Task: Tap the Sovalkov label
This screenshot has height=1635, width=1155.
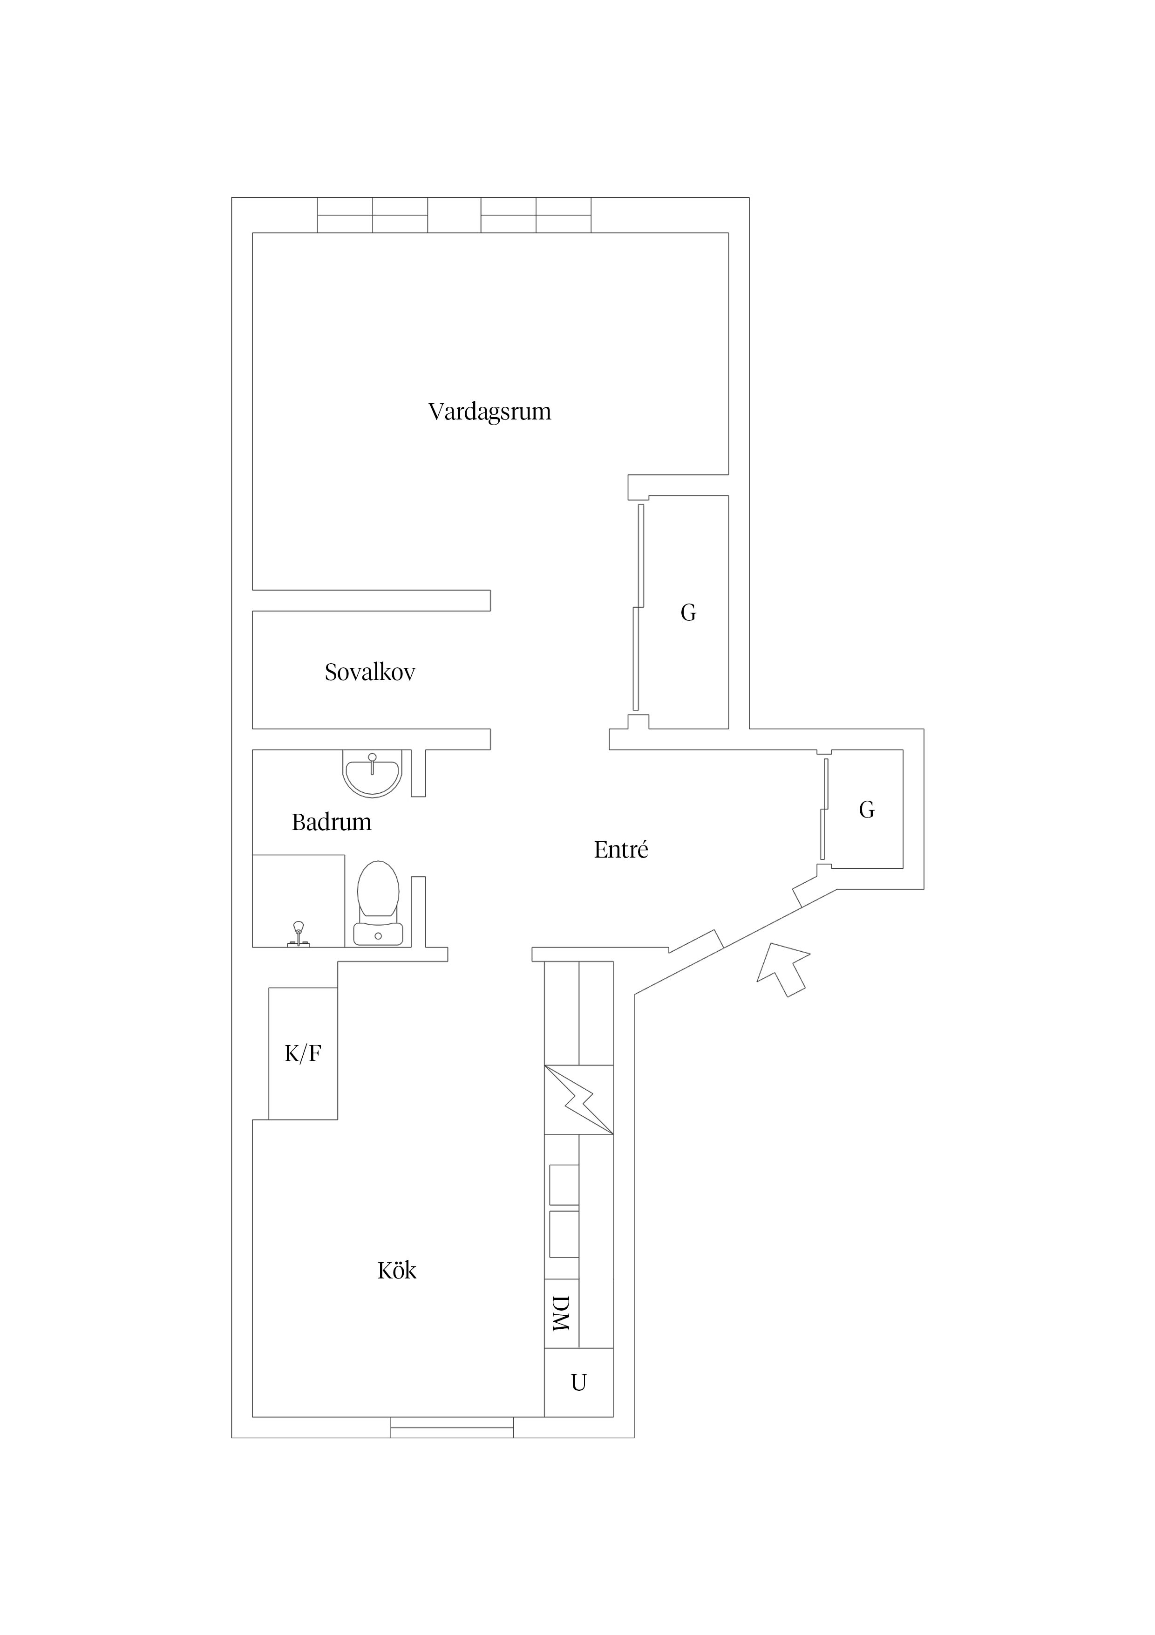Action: click(370, 672)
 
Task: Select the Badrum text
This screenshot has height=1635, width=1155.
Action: click(332, 823)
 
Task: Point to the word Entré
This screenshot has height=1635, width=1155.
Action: click(621, 850)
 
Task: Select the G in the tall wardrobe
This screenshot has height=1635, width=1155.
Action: click(688, 612)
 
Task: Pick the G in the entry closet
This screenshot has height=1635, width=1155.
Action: click(867, 810)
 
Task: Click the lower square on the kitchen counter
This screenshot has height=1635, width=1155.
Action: click(564, 1234)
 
